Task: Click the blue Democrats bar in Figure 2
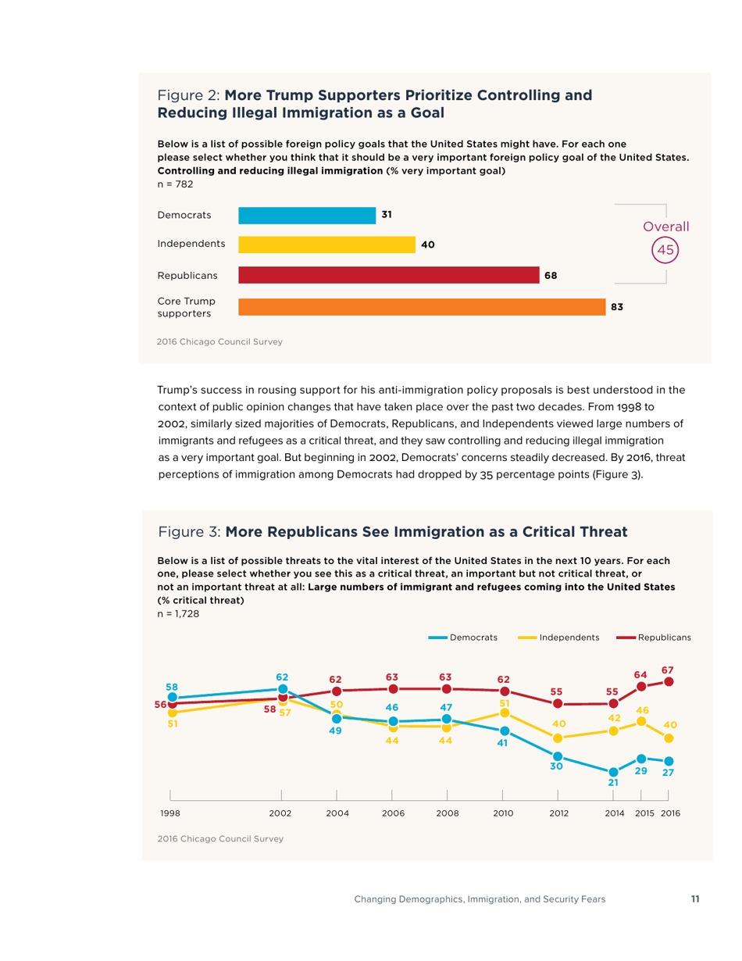(x=305, y=215)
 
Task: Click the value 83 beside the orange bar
(x=616, y=307)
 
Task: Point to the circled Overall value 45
(x=665, y=251)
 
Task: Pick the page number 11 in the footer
(x=695, y=899)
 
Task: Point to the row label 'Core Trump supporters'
(x=186, y=307)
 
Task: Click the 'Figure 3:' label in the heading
(x=190, y=532)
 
